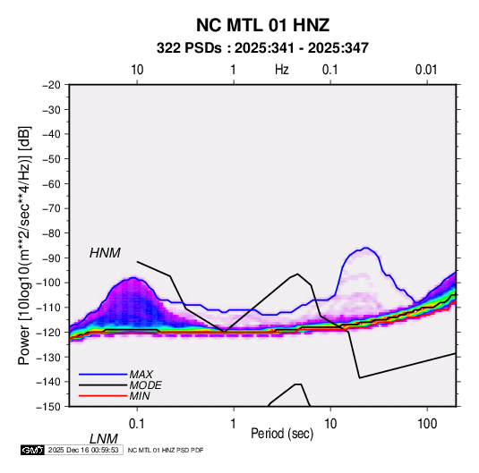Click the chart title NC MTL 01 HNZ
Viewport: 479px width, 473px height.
click(x=262, y=25)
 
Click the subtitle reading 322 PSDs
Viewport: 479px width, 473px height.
click(x=189, y=48)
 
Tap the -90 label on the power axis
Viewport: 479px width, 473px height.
click(x=51, y=258)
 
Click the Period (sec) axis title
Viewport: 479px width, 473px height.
click(x=282, y=434)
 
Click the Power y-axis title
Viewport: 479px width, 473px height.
click(x=24, y=245)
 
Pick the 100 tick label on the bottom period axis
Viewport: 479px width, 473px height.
click(x=427, y=424)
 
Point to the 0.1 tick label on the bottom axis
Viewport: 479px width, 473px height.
click(x=137, y=424)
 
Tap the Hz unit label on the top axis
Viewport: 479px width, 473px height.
click(x=281, y=70)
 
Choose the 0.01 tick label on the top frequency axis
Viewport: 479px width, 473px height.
click(x=426, y=70)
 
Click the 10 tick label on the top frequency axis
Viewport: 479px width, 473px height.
click(x=137, y=70)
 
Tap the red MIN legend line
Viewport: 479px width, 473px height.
click(x=103, y=396)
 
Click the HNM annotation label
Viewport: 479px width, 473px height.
click(x=105, y=253)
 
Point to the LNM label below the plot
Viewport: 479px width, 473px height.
click(x=103, y=439)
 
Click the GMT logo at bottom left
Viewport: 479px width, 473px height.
click(x=33, y=450)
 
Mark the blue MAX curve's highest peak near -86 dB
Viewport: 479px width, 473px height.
click(x=366, y=248)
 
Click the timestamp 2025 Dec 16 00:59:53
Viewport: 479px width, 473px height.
click(x=83, y=450)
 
